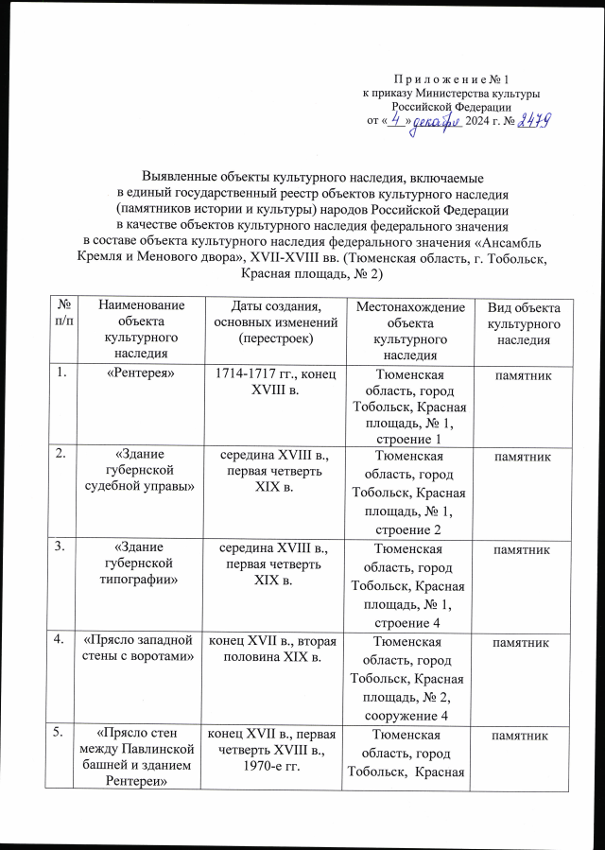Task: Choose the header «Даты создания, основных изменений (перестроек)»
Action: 273,319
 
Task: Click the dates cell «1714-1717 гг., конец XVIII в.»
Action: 273,385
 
